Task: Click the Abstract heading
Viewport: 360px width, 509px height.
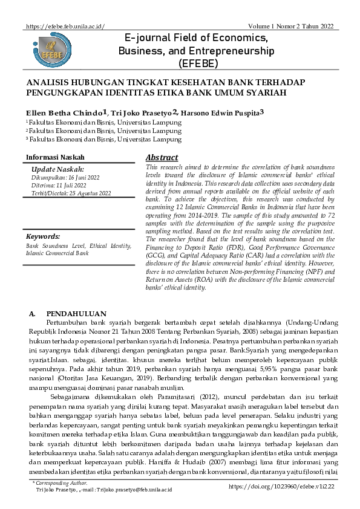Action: point(162,157)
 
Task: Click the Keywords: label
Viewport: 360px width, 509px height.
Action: point(42,237)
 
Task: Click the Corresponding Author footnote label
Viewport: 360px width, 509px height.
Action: point(61,483)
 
